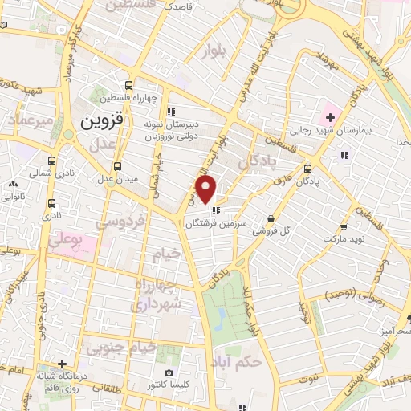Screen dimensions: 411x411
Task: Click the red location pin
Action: click(207, 189)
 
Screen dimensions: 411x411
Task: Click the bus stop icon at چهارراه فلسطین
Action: click(129, 85)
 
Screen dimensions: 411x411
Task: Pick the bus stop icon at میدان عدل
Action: click(119, 167)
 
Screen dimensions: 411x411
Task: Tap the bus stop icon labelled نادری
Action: click(52, 204)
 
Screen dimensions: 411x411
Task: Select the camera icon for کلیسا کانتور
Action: click(169, 372)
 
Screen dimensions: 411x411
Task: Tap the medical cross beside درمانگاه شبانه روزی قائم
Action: click(62, 363)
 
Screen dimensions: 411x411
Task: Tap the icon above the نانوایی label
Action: click(14, 185)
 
